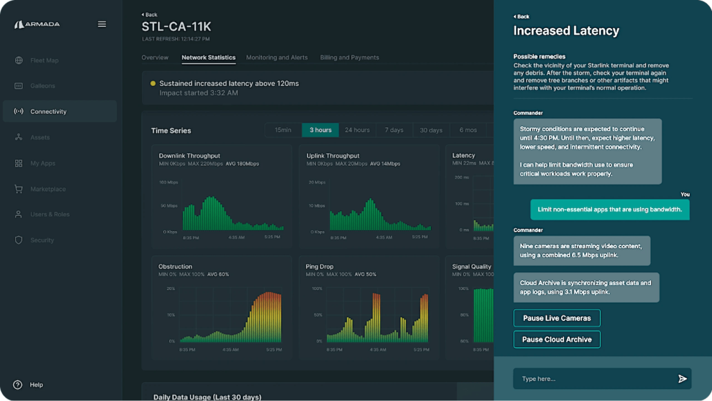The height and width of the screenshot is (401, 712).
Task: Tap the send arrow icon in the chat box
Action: point(682,379)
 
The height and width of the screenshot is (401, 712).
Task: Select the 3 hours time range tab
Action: point(320,130)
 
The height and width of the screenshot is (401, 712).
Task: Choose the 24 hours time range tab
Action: point(357,130)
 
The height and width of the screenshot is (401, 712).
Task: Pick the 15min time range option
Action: point(283,130)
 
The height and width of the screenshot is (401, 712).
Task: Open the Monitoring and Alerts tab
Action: point(277,57)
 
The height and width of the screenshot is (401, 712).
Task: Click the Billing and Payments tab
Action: point(349,57)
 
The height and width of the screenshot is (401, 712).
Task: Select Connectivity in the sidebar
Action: point(48,111)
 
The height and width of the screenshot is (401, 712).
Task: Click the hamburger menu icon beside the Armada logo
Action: point(102,24)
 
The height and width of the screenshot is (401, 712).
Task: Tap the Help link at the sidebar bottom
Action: point(36,385)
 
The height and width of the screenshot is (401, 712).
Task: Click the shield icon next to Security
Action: point(19,240)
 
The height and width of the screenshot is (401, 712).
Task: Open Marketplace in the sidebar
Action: point(48,189)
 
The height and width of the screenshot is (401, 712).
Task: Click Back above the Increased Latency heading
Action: point(522,16)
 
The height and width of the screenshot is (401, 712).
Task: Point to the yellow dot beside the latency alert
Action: point(153,83)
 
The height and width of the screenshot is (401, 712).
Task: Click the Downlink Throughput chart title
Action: point(189,156)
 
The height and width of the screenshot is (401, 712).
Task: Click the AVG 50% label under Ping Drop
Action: point(365,274)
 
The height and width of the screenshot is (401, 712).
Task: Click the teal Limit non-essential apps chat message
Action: point(610,209)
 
